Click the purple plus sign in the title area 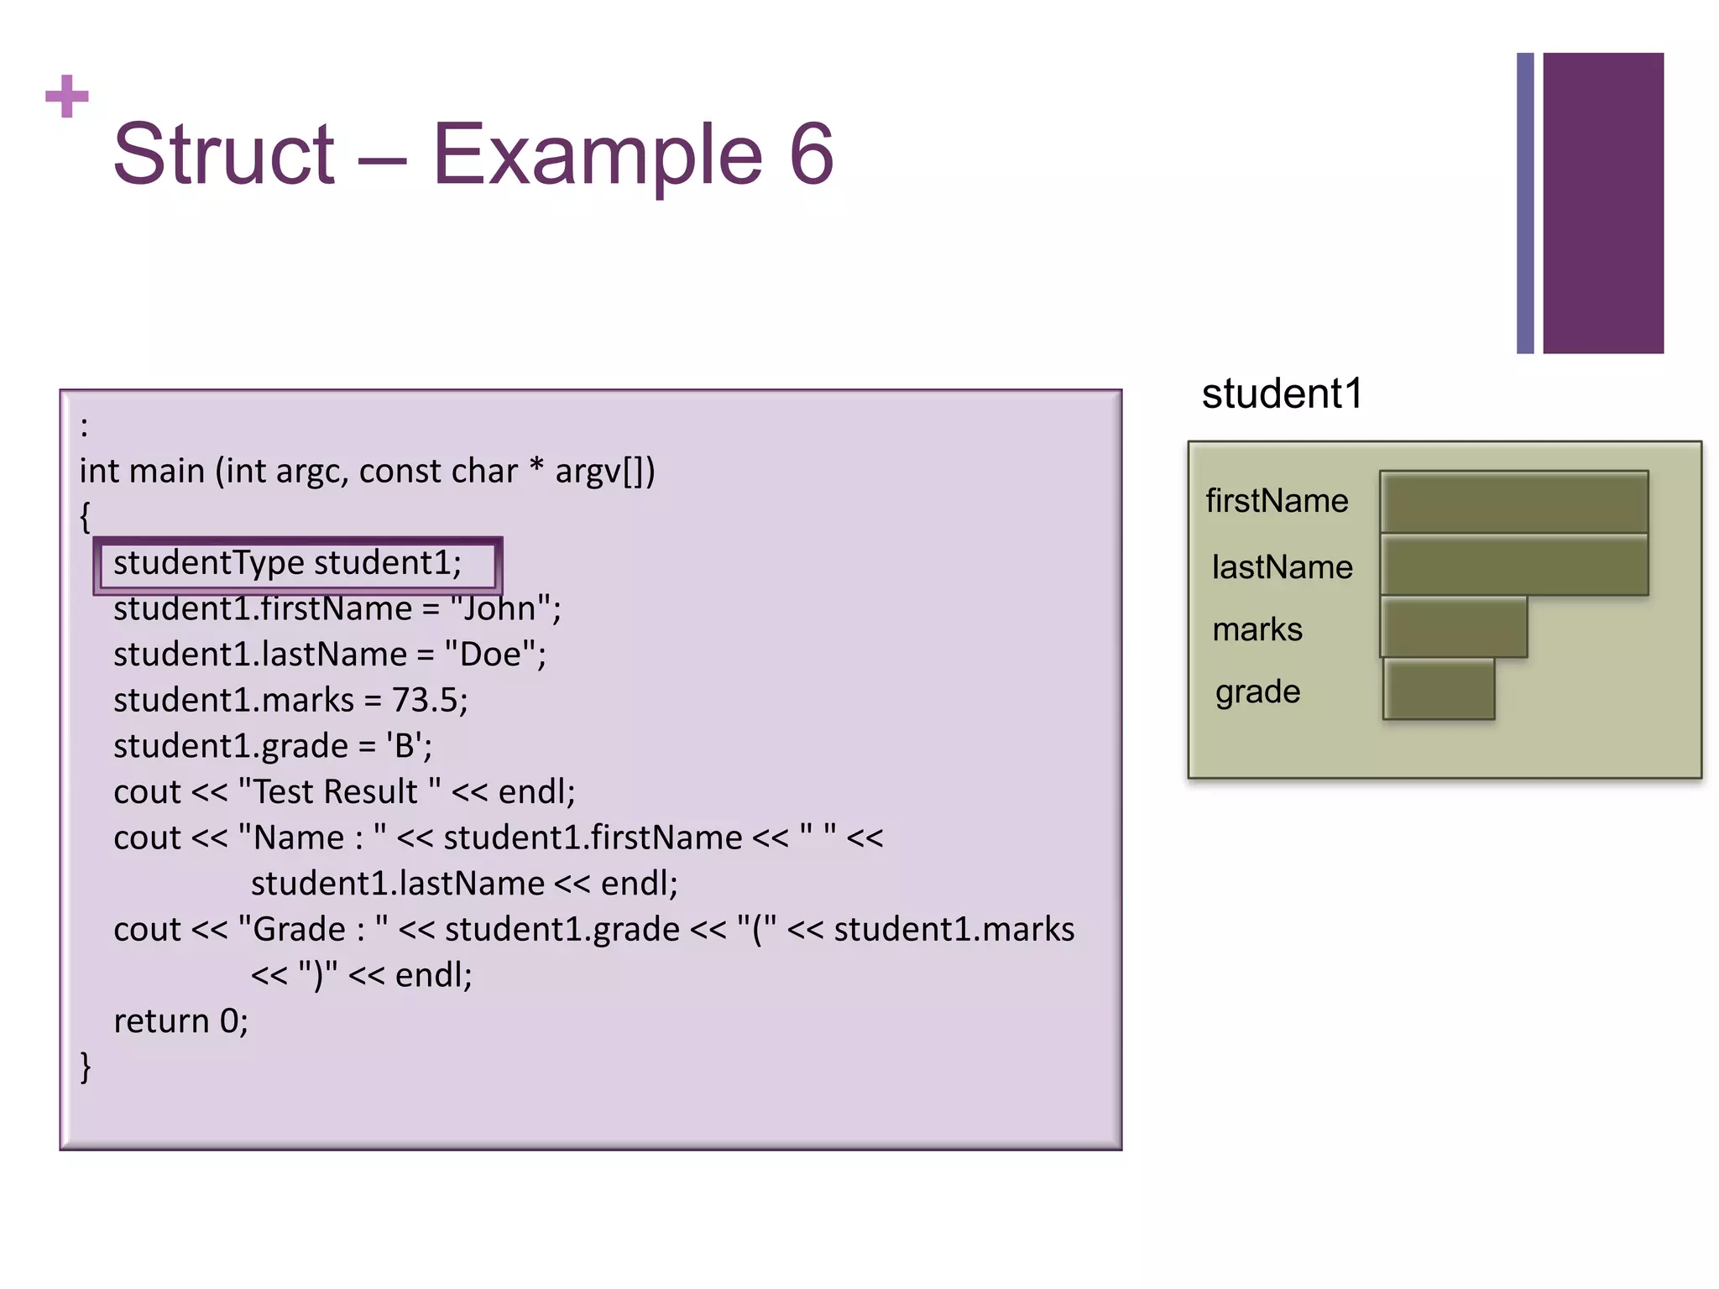pos(67,97)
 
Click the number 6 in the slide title pos(811,154)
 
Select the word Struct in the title pos(224,154)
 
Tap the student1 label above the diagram pos(1282,394)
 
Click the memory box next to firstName pos(1514,502)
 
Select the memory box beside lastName pos(1514,566)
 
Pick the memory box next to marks pos(1454,628)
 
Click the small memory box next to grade pos(1439,690)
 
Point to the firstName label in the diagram pos(1277,501)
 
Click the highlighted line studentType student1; pos(288,563)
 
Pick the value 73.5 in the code pos(425,701)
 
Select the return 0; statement pos(180,1021)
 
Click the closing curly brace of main pos(85,1067)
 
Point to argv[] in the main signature pos(599,472)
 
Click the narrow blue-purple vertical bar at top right pos(1525,203)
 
